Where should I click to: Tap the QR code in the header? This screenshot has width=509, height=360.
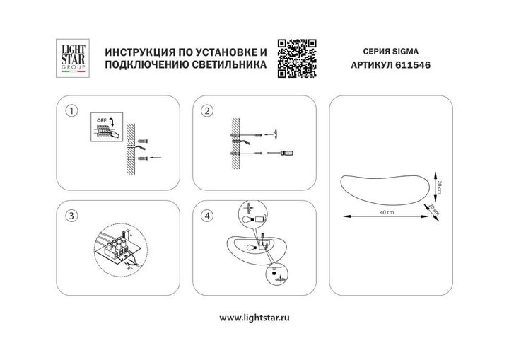[294, 57]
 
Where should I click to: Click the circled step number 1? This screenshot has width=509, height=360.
[70, 111]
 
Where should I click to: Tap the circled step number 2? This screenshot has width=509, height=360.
[207, 111]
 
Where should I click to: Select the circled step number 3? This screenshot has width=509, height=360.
[70, 216]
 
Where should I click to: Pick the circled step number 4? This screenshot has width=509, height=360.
[207, 216]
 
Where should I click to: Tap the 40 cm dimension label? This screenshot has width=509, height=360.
[387, 213]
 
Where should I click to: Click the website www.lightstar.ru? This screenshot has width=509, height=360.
[255, 318]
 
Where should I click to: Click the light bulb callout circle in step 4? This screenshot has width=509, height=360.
[252, 215]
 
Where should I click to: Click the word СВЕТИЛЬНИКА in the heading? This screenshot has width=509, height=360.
[227, 64]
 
